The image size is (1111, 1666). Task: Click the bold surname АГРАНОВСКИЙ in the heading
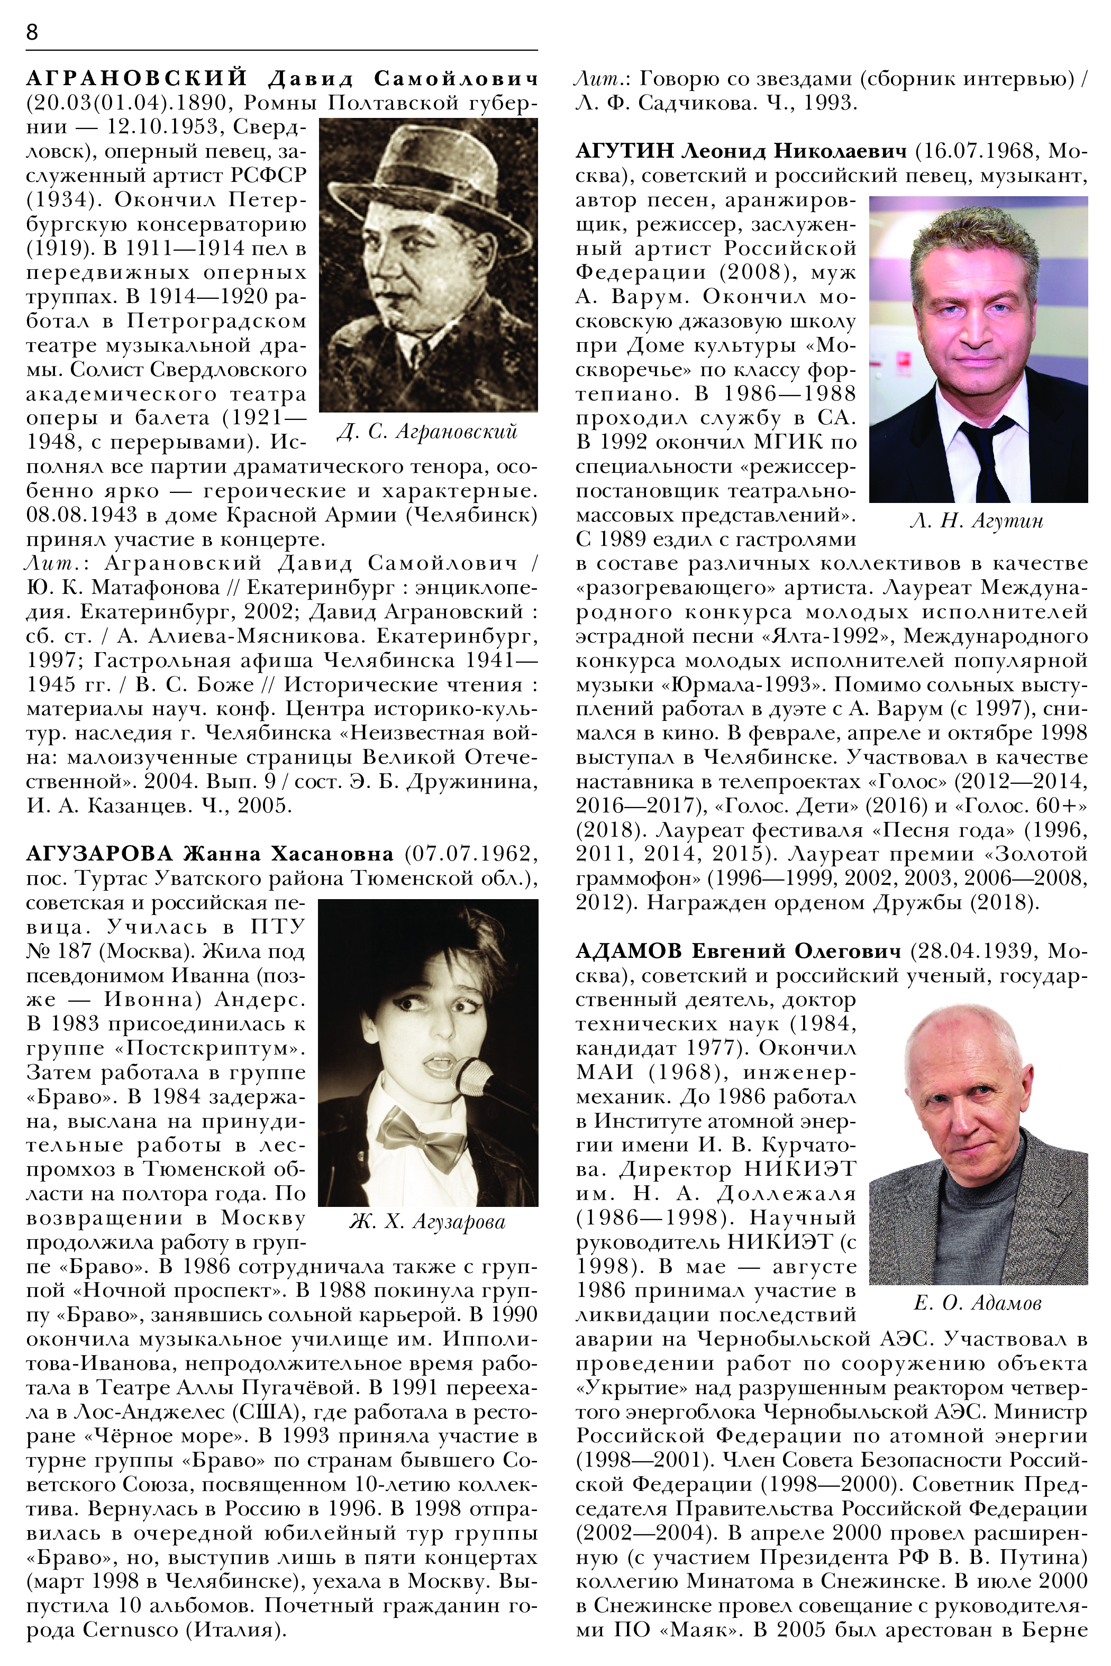[x=136, y=78]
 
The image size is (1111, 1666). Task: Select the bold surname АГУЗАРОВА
[x=99, y=854]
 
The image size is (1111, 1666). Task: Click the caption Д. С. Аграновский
[x=427, y=432]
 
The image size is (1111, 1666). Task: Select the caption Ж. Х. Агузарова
[x=427, y=1222]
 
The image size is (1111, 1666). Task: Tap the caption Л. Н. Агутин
[x=977, y=521]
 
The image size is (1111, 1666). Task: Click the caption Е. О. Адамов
[x=978, y=1303]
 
